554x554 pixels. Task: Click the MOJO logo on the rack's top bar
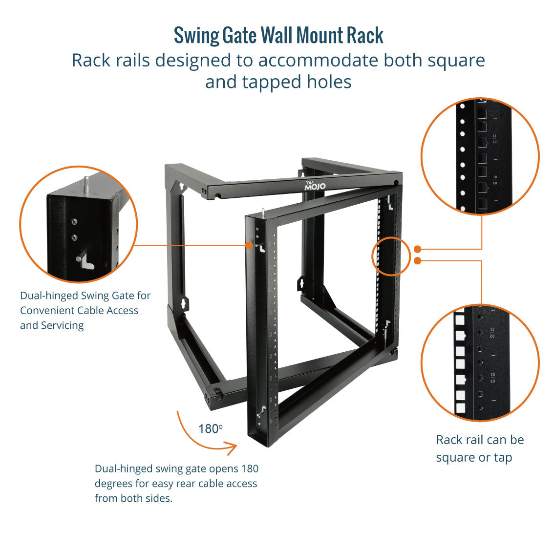(x=315, y=186)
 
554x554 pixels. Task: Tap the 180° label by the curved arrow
(x=211, y=429)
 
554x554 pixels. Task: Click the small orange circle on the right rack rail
(x=391, y=256)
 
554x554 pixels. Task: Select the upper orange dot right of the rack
(x=417, y=249)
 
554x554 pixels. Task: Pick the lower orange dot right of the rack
(x=417, y=261)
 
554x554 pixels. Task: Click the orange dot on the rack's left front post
(x=249, y=245)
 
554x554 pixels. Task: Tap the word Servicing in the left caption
(x=61, y=325)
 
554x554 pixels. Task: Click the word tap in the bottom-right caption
(x=503, y=458)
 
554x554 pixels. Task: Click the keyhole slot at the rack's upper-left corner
(x=181, y=187)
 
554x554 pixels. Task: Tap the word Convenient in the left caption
(x=49, y=310)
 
